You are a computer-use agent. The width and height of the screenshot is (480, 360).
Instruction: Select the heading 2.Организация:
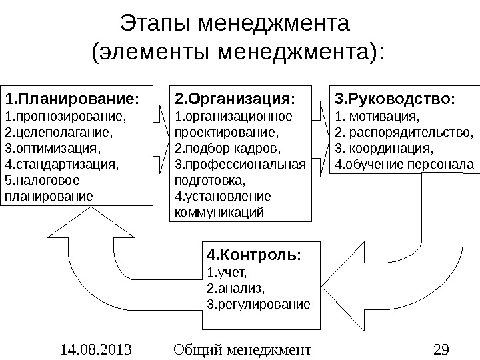[x=234, y=100]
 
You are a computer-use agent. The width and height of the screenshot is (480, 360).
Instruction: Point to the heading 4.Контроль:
[x=254, y=255]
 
